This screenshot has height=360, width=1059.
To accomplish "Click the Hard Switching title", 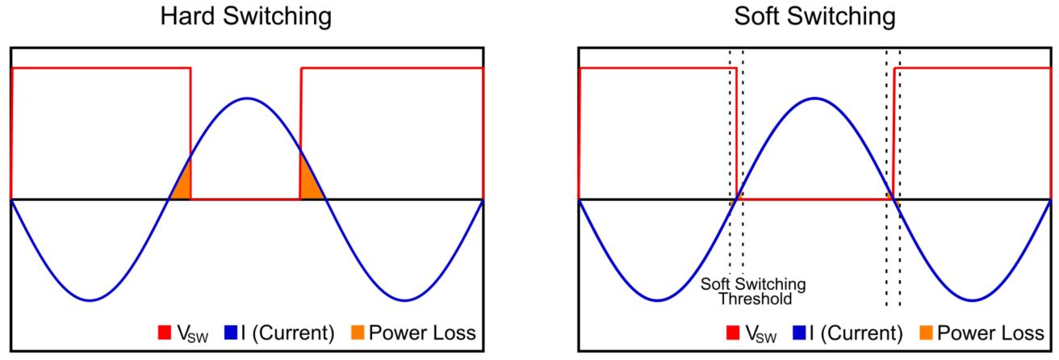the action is coord(246,17).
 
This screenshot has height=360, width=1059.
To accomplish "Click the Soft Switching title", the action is coord(814,17).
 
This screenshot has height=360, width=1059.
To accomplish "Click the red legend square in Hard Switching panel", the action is coord(165,332).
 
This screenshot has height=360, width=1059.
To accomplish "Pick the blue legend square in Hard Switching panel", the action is coord(231,332).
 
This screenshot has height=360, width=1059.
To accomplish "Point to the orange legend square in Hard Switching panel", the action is coord(358,332).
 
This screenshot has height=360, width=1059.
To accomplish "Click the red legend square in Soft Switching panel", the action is coord(733,332).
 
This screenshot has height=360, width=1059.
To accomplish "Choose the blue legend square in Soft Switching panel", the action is coord(799,332).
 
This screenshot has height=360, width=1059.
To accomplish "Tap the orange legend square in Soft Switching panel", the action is coord(926,332).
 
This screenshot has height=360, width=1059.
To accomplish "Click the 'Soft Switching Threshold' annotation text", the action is coord(753,291).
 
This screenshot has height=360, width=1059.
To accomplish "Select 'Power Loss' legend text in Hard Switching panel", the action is coord(422,333).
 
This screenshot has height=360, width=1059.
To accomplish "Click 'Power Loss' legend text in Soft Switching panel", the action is coord(990,333).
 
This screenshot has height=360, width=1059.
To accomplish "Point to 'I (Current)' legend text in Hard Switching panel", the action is coord(287,333).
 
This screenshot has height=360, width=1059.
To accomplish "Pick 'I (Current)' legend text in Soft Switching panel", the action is coord(856,333).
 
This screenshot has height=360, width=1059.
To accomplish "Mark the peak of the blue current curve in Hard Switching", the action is coord(247,98).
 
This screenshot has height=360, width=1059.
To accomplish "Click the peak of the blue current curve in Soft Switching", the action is coord(814,98).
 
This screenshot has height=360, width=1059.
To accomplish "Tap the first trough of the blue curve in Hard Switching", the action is coord(90,300).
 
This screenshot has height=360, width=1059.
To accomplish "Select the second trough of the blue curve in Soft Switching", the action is coord(973,300).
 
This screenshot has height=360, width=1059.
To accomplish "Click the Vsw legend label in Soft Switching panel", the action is coord(760,333).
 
